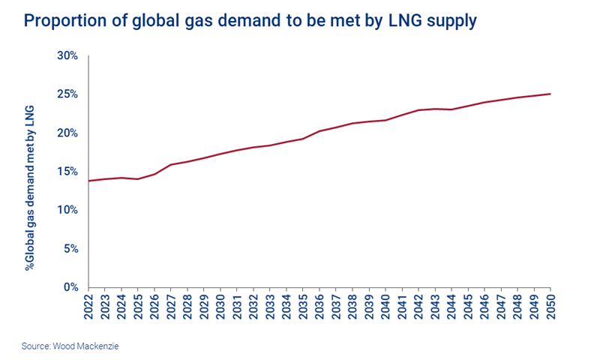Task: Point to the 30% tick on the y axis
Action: coord(68,55)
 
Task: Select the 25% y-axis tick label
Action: coord(68,94)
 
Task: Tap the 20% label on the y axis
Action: coord(68,133)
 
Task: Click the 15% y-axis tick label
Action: coord(68,172)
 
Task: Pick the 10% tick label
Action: coord(68,210)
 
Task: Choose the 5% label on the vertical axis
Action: coord(71,248)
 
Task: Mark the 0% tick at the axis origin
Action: coord(71,287)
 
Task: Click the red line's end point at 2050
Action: coord(550,94)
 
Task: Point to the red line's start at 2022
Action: coord(89,181)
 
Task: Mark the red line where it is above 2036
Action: coord(319,131)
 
